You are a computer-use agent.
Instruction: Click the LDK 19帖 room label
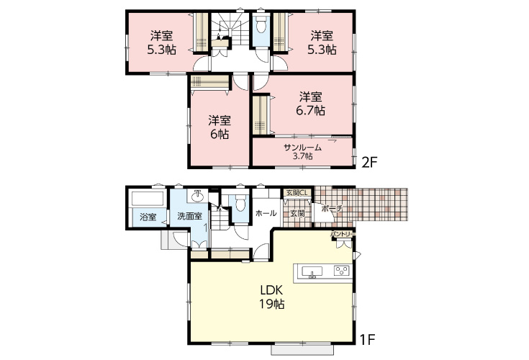click(x=271, y=297)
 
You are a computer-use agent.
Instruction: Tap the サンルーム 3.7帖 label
click(x=302, y=151)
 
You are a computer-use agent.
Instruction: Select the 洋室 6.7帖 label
click(x=310, y=104)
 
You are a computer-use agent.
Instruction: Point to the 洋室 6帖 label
click(x=220, y=127)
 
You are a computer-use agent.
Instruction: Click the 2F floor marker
click(x=369, y=163)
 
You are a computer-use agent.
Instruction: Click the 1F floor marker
click(x=368, y=339)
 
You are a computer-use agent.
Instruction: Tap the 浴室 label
click(x=148, y=217)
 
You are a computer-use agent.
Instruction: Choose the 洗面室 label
click(x=189, y=216)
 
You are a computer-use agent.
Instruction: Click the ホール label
click(x=266, y=213)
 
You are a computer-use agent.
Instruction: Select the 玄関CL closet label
click(x=297, y=193)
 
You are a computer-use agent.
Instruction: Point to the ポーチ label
click(x=333, y=209)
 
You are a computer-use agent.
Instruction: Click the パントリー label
click(x=343, y=233)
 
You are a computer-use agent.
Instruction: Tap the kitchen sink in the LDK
click(x=312, y=271)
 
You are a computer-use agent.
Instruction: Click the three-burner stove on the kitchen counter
click(x=341, y=271)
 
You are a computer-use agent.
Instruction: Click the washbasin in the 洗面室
click(x=197, y=196)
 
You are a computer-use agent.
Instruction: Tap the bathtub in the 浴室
click(x=148, y=199)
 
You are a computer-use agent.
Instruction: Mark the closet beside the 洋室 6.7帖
click(x=260, y=114)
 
